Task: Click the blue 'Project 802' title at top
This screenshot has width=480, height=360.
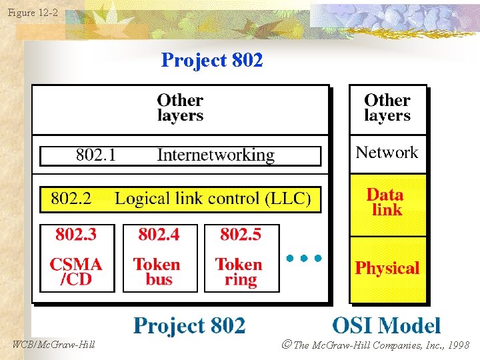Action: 212,61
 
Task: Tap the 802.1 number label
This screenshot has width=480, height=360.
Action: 96,155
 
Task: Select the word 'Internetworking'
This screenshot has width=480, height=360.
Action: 215,155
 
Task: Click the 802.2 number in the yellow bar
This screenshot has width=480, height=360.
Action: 71,199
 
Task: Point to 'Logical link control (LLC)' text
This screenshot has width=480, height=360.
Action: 213,199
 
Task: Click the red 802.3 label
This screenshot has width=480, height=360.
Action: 76,235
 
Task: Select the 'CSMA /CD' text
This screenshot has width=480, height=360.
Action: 76,272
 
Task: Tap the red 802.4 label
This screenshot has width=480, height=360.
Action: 159,235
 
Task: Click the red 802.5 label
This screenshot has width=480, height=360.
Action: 241,235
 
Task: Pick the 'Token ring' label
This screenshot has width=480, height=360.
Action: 239,272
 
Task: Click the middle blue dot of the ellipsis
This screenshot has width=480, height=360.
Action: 303,257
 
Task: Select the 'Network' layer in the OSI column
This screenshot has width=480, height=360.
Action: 387,153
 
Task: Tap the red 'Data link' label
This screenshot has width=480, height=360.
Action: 386,202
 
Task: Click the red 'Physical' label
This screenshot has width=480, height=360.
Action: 387,269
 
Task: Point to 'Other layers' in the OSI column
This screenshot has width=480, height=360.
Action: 387,107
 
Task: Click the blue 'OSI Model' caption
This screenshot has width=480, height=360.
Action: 387,326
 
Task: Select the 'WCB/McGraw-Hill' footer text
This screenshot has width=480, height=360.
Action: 53,345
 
